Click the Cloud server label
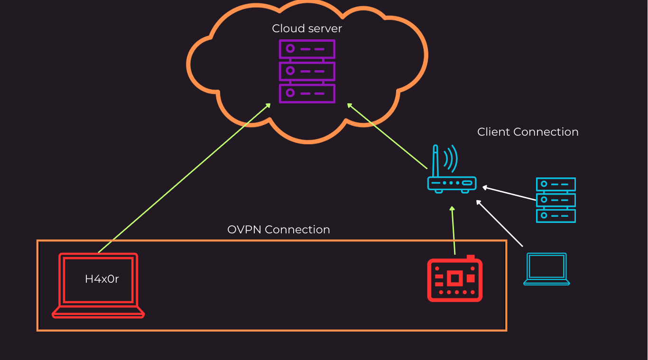coord(307,28)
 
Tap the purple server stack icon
coord(307,71)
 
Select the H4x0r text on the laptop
coord(102,279)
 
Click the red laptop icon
coord(98,285)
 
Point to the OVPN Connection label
coord(278,230)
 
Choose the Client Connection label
coord(528,132)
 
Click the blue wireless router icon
coord(451,183)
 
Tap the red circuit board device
coord(454,279)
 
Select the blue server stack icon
coord(555,200)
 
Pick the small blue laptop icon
coord(546,269)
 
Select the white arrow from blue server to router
coord(509,194)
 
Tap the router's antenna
coord(435,161)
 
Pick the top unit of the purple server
coord(307,49)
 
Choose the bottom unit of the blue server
coord(555,215)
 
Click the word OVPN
coord(245,230)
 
